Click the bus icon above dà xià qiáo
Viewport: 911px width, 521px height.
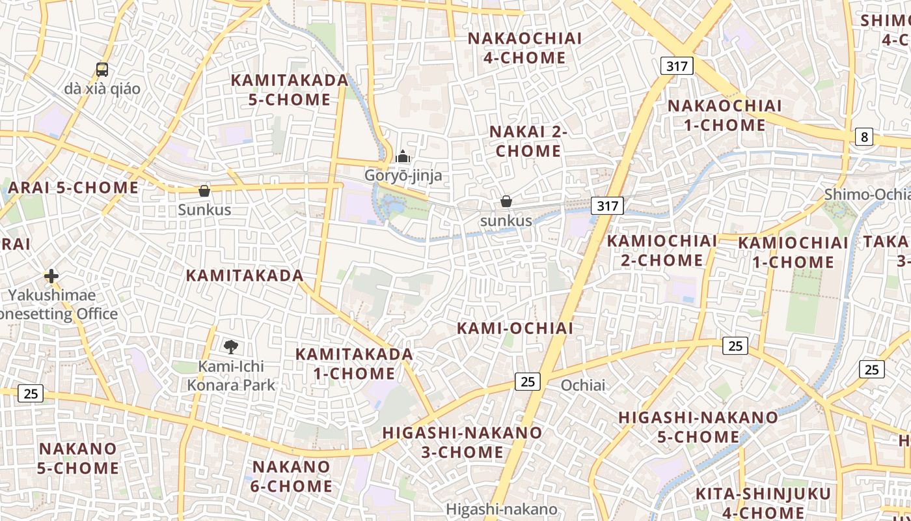pos(102,69)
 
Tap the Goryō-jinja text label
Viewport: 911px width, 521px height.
pos(403,175)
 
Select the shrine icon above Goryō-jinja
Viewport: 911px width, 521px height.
pos(403,157)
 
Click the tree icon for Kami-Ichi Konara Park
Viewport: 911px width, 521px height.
pos(230,346)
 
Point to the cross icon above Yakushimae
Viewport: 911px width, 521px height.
pos(51,276)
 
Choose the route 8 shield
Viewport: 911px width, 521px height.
pos(863,137)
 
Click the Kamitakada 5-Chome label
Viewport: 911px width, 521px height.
pos(290,90)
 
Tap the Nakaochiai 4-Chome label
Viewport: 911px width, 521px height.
pos(524,48)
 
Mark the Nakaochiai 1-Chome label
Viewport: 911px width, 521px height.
pos(724,115)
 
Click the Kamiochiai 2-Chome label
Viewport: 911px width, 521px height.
pos(662,251)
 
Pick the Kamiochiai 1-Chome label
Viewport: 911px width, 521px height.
pos(793,253)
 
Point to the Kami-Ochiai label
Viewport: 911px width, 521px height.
pos(515,328)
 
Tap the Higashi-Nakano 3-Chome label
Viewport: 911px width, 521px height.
pos(462,442)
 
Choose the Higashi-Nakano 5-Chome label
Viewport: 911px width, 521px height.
pos(698,427)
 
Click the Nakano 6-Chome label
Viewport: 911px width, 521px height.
pos(292,476)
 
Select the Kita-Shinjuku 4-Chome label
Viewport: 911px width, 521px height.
pos(763,503)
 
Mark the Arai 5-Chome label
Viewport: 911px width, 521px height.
pos(73,188)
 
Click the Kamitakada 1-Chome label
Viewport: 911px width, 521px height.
pos(354,364)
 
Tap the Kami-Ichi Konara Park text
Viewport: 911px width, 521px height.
pos(231,376)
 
